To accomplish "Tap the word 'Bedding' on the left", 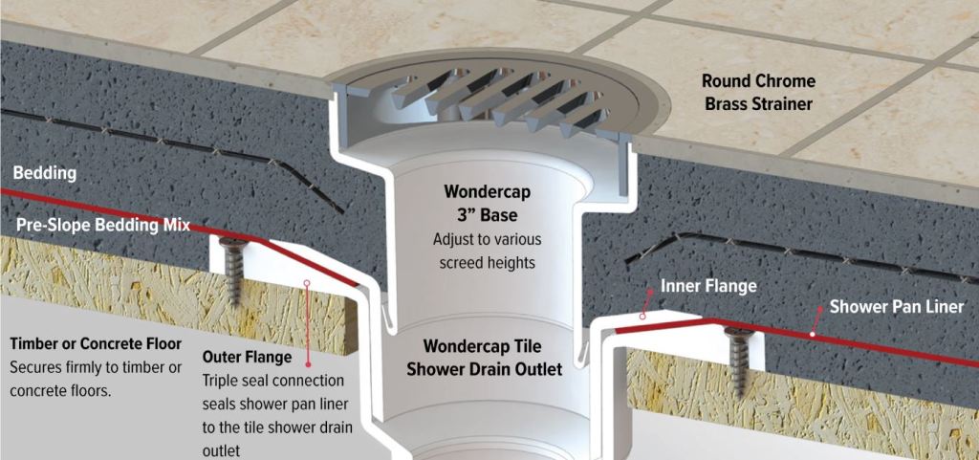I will click(45, 174).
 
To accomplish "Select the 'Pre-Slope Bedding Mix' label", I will click(101, 226).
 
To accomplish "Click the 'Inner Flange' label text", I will click(708, 286).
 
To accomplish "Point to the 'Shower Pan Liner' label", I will click(897, 307).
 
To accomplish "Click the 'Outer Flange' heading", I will click(247, 358).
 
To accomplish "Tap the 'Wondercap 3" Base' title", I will click(488, 202).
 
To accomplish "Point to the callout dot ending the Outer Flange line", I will click(306, 283).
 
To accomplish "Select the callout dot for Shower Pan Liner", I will click(812, 336).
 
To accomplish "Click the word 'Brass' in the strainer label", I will click(729, 103).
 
